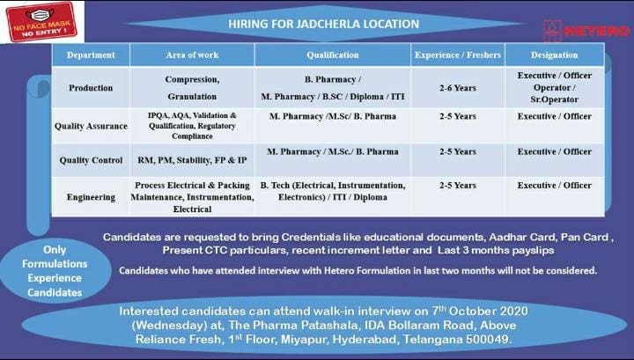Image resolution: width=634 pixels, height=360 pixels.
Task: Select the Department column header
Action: [x=91, y=55]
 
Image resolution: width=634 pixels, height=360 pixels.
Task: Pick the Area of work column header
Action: [x=192, y=55]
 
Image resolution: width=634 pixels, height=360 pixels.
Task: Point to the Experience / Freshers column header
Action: [x=458, y=55]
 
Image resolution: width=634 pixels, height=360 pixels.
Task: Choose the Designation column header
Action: [x=554, y=55]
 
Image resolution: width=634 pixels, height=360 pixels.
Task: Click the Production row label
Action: [x=91, y=88]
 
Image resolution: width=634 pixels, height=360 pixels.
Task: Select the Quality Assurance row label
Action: [x=91, y=126]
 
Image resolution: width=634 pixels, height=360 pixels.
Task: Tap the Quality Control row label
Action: [x=91, y=160]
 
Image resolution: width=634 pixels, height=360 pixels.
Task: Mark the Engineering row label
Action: [x=91, y=197]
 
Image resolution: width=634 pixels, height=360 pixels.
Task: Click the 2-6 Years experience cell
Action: [x=458, y=88]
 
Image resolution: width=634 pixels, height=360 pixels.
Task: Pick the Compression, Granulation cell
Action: [x=192, y=88]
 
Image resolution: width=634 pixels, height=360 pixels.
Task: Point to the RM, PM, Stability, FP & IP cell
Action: [x=192, y=160]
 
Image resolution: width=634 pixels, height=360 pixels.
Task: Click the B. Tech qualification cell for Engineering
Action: [x=333, y=191]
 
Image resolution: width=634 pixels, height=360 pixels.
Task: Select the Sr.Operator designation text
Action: [x=554, y=100]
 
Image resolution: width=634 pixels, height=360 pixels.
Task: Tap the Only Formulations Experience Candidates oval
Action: [x=54, y=269]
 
